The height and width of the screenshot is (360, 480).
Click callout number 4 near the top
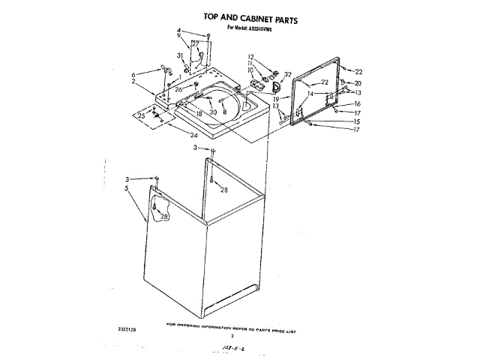[x=179, y=31]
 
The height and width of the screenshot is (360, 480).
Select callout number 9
[x=179, y=37]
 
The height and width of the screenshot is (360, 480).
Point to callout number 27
[x=195, y=43]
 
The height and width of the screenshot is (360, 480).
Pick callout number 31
[x=180, y=56]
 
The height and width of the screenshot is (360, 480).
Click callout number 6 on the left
[x=133, y=74]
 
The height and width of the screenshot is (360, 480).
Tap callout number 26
[x=178, y=89]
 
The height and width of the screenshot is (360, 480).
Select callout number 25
[x=142, y=116]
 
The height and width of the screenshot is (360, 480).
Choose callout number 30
[x=213, y=112]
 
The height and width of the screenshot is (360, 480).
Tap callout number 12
[x=251, y=57]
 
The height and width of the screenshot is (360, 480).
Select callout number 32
[x=288, y=74]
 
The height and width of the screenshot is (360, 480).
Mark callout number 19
[x=276, y=98]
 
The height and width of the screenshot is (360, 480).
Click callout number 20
[x=358, y=82]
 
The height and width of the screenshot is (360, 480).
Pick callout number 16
[x=358, y=104]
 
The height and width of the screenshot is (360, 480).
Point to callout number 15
[x=357, y=121]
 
